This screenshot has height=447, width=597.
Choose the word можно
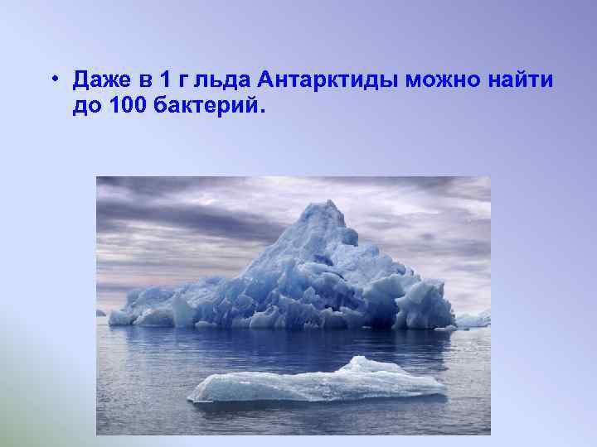(x=447, y=81)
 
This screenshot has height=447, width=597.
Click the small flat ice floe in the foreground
(x=315, y=385)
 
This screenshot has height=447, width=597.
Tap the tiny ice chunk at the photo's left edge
(x=101, y=313)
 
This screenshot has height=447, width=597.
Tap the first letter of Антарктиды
(x=266, y=80)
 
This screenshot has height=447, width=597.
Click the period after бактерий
(x=266, y=111)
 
